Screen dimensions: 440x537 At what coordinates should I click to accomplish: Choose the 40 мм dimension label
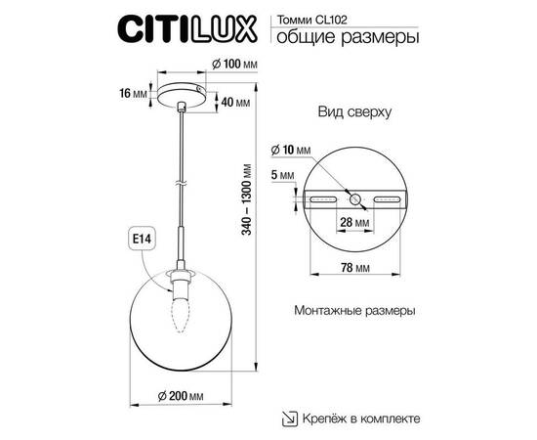pos(232,102)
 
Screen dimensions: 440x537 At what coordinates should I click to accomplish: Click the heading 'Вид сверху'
pos(354,112)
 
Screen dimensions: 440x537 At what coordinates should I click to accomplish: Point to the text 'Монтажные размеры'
pos(353,310)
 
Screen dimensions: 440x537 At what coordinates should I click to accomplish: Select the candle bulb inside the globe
pos(179,309)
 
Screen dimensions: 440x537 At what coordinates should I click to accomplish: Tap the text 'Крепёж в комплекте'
pos(360,418)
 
